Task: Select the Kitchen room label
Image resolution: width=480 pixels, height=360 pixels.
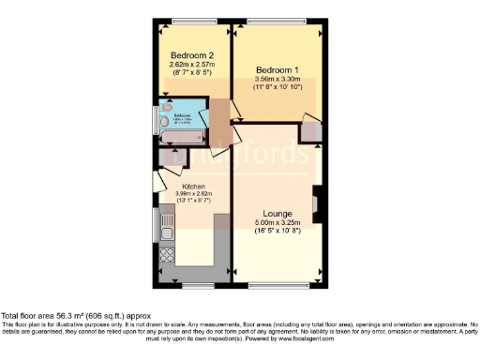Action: click(x=194, y=186)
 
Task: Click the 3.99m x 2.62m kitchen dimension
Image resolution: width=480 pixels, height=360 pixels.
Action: click(x=194, y=195)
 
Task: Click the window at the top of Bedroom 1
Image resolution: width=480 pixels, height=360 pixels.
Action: click(x=278, y=21)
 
